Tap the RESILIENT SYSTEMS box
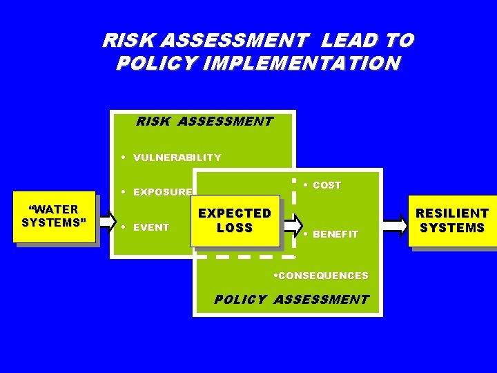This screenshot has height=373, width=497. [452, 220]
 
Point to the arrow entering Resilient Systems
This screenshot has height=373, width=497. [396, 225]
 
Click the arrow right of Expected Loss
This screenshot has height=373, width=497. [293, 224]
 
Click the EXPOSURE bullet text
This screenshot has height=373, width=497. [162, 192]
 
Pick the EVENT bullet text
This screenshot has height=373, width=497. [151, 227]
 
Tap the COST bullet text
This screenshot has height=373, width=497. [327, 185]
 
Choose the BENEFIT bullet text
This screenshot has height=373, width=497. [335, 234]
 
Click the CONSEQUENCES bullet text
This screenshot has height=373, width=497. [321, 276]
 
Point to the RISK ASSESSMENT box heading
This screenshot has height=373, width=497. [204, 122]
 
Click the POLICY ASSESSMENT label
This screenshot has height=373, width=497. [291, 300]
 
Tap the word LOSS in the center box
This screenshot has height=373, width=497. [235, 228]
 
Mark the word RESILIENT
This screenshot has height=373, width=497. [452, 213]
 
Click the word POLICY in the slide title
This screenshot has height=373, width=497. [145, 64]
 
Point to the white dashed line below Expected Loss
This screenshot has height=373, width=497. [245, 256]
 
